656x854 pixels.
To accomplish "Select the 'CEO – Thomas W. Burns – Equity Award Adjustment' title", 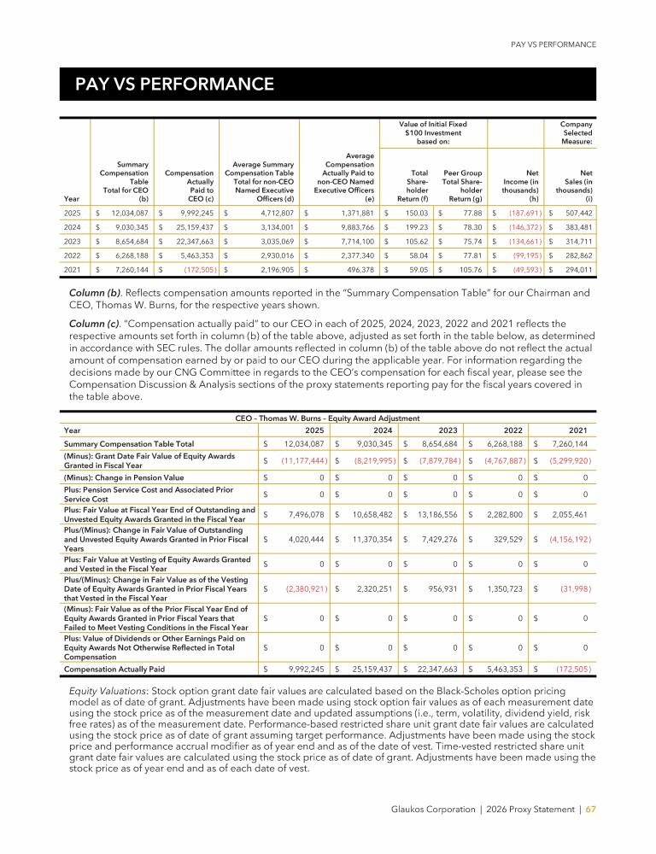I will (x=327, y=418).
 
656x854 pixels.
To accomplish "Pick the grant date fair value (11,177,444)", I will (x=300, y=460).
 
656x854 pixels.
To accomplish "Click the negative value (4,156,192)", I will (x=566, y=541).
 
